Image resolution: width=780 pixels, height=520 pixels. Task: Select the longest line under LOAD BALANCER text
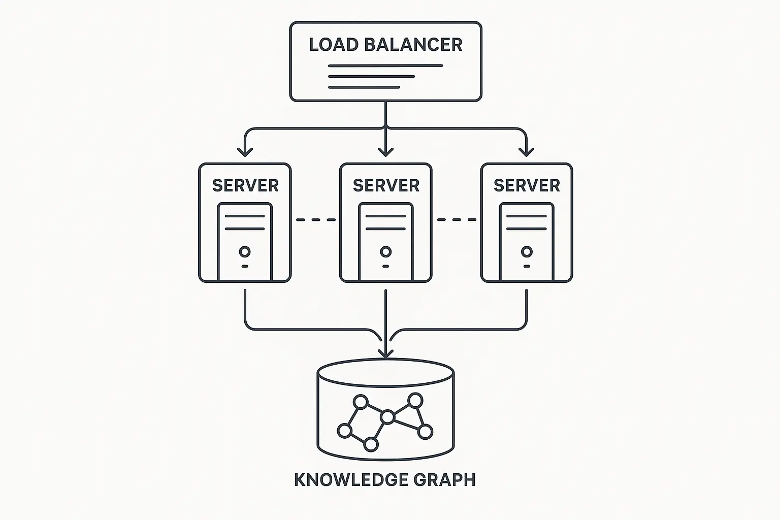tap(385, 66)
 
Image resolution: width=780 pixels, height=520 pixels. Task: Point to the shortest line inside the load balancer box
tap(364, 87)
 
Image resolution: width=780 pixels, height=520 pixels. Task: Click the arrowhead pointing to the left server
tap(245, 151)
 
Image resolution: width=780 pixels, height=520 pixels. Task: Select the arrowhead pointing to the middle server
tap(386, 151)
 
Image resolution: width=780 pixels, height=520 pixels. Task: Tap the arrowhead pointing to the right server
tap(527, 151)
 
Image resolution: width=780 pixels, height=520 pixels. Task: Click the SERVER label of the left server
tap(245, 186)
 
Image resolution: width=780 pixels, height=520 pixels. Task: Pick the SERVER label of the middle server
tap(386, 186)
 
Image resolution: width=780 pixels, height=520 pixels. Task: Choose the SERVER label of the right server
tap(527, 186)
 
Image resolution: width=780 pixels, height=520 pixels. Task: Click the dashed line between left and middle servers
tap(315, 220)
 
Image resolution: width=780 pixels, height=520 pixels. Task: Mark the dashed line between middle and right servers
tap(457, 220)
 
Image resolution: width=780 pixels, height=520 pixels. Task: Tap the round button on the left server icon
tap(245, 251)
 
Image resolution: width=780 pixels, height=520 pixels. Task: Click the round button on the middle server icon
tap(386, 251)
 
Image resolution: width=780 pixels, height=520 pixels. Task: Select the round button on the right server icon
tap(527, 251)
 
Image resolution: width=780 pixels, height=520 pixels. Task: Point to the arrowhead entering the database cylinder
tap(386, 352)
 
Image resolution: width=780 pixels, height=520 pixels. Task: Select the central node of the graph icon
tap(387, 417)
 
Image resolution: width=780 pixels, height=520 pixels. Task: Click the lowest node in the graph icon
tap(371, 445)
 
